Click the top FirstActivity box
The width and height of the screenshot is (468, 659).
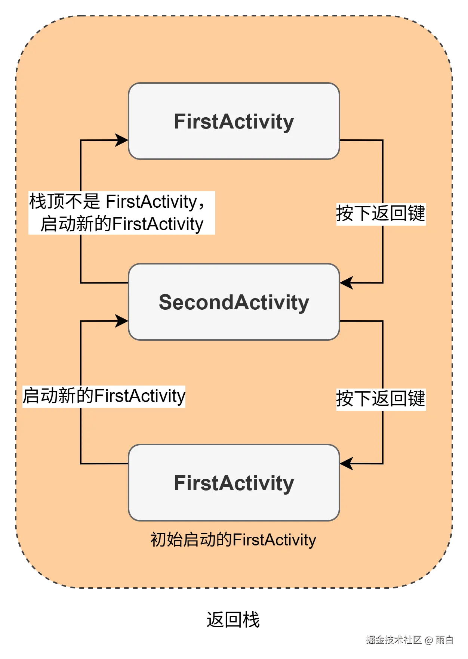(234, 121)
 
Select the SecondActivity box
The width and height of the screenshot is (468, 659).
(234, 302)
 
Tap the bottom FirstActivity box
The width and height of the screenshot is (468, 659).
(234, 483)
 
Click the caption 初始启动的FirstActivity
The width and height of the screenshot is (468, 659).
(233, 540)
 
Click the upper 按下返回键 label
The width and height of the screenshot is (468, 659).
(381, 214)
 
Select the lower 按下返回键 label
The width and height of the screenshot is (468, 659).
(381, 399)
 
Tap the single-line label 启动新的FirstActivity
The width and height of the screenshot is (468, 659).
(104, 396)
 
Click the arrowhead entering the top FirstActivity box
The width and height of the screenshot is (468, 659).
(122, 140)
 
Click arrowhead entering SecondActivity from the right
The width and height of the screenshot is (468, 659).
(346, 283)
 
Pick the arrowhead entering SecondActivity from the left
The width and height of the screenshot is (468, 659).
(122, 321)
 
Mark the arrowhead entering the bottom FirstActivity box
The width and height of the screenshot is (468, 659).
(346, 464)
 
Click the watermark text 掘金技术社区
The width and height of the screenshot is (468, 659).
(393, 639)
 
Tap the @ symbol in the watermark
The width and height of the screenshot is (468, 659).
(428, 640)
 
